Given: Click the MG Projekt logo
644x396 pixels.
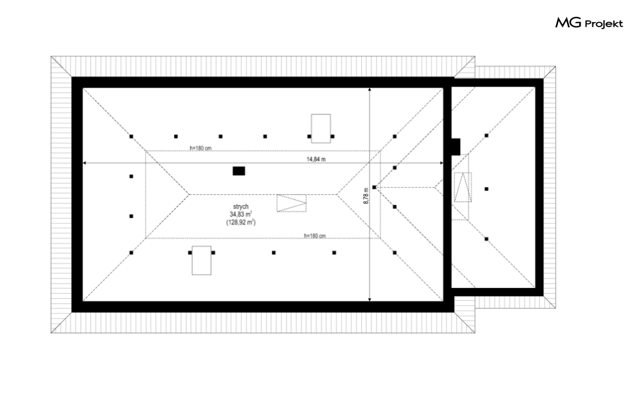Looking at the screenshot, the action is tap(589, 23).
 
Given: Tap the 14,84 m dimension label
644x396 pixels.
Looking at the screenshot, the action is tap(316, 159).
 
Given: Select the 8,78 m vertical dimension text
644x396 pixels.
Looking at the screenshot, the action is tap(366, 195).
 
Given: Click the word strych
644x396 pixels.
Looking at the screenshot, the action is tap(240, 206).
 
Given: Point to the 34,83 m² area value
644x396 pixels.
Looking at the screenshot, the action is tap(241, 214).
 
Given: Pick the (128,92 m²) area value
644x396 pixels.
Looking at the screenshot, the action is tap(241, 222).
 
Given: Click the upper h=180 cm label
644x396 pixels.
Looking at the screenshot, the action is tap(201, 148).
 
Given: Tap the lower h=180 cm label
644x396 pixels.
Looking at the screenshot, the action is tap(315, 236).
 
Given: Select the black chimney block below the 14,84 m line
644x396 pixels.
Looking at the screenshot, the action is tap(239, 171).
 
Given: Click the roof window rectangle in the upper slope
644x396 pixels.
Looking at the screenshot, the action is tap(321, 129).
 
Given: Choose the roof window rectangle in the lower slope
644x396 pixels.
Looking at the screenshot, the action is tap(202, 260).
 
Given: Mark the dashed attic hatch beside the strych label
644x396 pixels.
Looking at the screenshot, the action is tap(292, 203).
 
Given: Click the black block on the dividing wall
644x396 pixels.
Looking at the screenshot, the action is tap(456, 147).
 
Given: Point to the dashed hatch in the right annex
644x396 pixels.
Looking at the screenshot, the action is tap(463, 187).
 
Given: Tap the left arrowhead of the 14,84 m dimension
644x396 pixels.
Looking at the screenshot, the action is tap(85, 163).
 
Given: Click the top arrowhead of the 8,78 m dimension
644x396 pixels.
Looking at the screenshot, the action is tap(370, 89).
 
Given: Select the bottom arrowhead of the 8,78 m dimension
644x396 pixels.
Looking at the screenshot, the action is tap(370, 300).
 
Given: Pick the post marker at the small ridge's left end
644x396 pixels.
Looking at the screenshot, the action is tap(374, 187).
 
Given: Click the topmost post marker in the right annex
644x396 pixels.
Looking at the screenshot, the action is tap(486, 135).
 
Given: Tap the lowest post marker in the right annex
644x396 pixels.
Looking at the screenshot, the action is tap(486, 239).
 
